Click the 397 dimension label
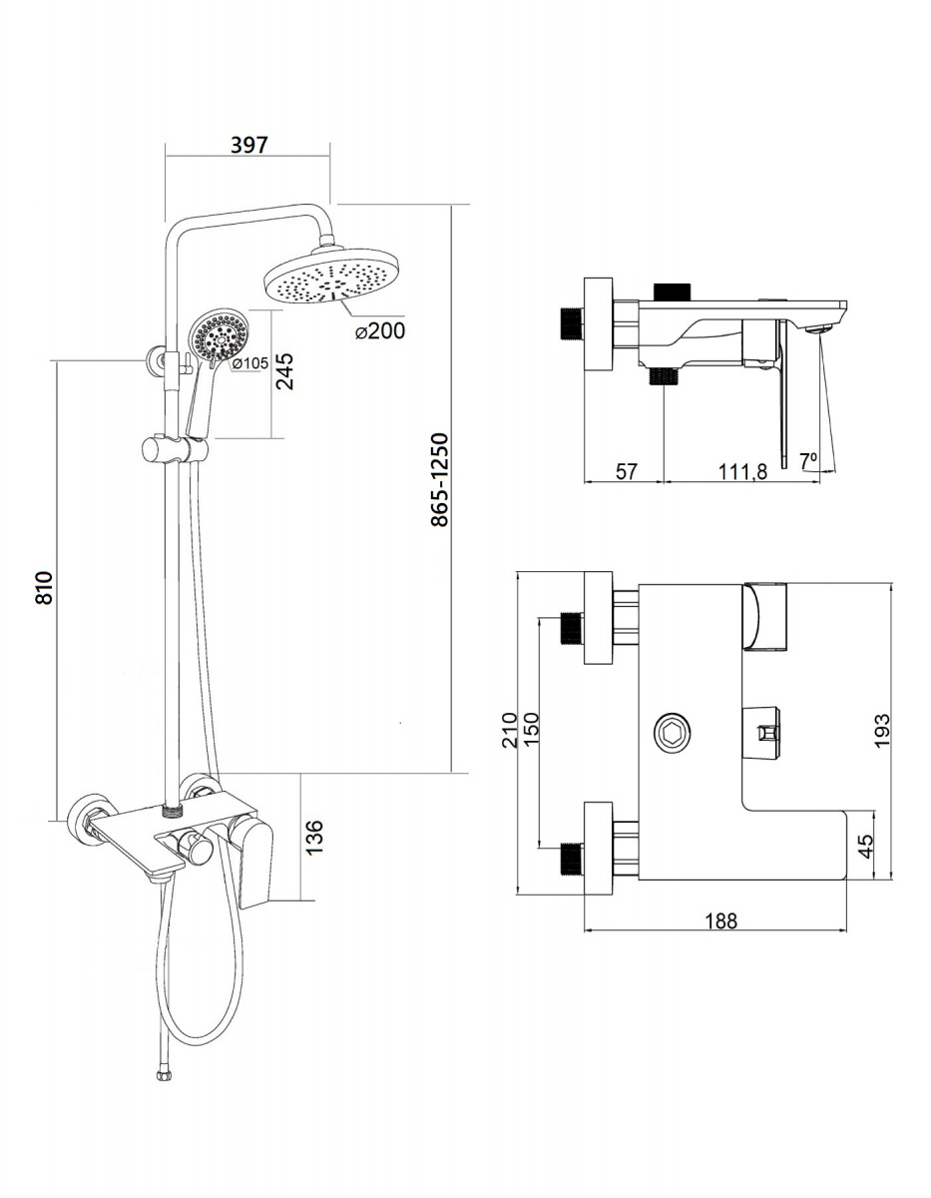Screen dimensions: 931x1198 249,145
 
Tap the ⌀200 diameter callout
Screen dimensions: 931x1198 379,330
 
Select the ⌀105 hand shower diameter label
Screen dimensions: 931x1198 249,362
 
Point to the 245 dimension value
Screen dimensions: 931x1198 284,371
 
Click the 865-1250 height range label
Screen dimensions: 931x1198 440,479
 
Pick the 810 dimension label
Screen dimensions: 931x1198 44,588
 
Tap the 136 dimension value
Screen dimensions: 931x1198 314,838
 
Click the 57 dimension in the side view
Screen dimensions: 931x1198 626,471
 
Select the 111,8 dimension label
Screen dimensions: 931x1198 742,471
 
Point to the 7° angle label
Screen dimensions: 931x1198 808,460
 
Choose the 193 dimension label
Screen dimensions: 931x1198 882,731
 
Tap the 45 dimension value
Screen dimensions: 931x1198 866,846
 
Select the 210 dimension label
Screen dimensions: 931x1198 510,730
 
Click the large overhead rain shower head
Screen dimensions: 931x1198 332,277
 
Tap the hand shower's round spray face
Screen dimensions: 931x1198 219,334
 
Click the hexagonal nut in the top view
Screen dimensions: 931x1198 672,733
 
